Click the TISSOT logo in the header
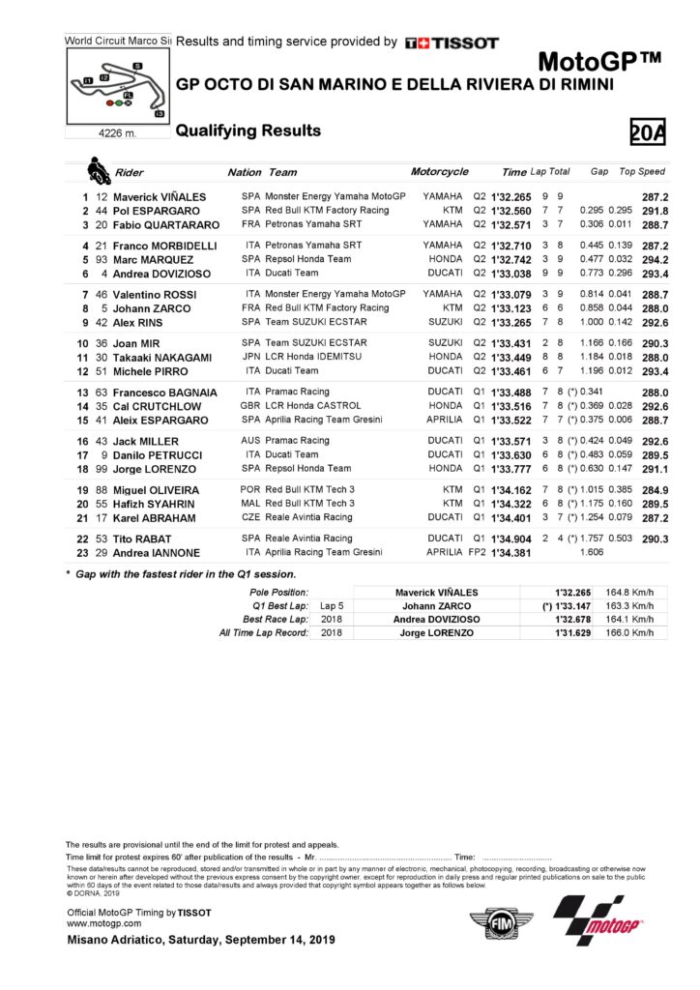[x=452, y=43]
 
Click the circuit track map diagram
[x=114, y=86]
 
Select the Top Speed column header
[x=642, y=172]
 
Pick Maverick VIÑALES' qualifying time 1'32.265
[x=510, y=195]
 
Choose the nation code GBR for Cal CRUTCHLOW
[x=252, y=406]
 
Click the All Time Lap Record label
[x=264, y=632]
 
